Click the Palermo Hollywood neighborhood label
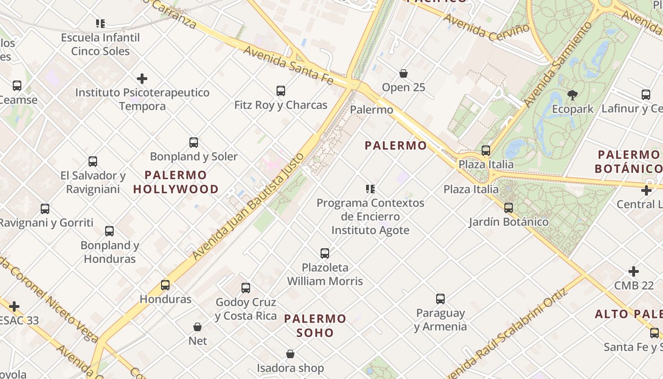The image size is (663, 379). click(176, 182)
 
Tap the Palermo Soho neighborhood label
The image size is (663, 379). click(315, 325)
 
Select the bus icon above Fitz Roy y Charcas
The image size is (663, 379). click(281, 90)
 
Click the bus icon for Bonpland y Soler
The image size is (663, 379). click(194, 142)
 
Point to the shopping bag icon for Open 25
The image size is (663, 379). click(403, 73)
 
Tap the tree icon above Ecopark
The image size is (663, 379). click(572, 95)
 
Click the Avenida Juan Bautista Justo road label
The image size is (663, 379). click(247, 207)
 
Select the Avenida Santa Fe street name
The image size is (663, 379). click(288, 66)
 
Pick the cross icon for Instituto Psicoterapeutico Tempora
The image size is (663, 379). click(142, 78)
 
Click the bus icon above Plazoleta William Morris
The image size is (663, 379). click(325, 253)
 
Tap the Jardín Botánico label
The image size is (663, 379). click(509, 222)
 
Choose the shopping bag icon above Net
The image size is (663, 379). click(197, 327)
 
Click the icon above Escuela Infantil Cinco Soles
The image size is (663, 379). click(100, 23)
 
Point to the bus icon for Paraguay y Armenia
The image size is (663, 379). click(440, 299)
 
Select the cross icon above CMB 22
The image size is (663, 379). click(634, 271)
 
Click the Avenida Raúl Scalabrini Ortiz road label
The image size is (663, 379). click(509, 332)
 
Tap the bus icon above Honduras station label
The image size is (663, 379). click(165, 285)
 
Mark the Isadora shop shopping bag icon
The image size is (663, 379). click(290, 354)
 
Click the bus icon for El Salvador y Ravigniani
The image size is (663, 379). click(93, 161)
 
